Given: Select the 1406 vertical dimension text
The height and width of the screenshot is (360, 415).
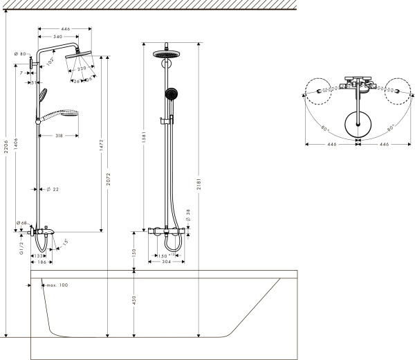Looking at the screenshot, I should (16, 144).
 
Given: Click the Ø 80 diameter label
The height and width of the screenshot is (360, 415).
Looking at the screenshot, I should (20, 54).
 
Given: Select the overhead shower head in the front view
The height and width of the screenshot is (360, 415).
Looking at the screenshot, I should (166, 55).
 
